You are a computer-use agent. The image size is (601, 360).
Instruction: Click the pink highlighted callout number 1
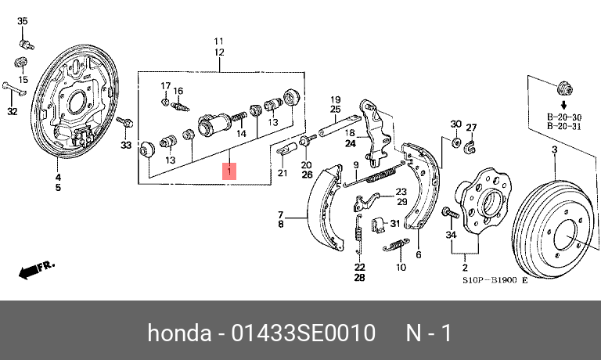pos(229,171)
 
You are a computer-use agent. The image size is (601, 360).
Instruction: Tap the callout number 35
pos(22,20)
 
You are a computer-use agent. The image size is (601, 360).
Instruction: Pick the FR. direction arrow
pos(36,269)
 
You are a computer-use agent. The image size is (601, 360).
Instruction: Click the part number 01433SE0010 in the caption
pos(305,333)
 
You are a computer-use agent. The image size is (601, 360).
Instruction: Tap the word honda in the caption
pos(178,333)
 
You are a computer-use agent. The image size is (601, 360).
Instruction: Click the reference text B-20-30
pos(563,117)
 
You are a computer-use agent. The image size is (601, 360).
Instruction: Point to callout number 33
pos(125,145)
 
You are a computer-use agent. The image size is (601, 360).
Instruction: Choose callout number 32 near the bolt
pos(12,112)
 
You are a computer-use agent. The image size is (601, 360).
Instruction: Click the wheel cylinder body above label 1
pos(213,123)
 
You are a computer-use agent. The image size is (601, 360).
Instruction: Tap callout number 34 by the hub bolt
pos(450,235)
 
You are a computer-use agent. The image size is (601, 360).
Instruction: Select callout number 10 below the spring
pos(401,268)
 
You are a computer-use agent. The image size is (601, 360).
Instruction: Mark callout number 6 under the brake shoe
pos(418,254)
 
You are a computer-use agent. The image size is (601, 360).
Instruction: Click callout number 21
pos(283,173)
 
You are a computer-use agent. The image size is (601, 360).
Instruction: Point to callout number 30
pos(455,124)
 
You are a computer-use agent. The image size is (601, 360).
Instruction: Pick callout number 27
pos(471,128)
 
